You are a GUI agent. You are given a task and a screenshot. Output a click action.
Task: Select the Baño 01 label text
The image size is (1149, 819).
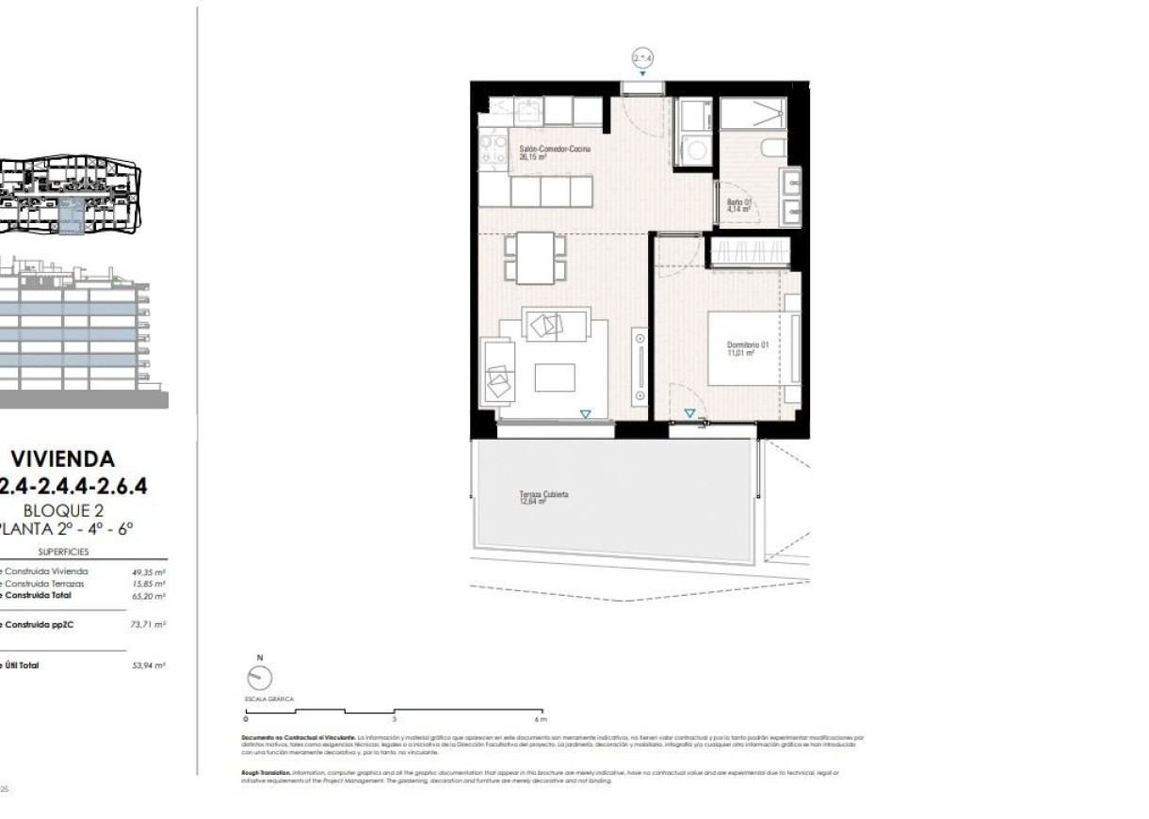click(x=738, y=206)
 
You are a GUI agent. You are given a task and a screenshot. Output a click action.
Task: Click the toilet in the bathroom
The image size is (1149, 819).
click(x=772, y=147)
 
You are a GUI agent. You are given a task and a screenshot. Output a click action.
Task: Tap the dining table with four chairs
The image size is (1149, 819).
click(x=536, y=258)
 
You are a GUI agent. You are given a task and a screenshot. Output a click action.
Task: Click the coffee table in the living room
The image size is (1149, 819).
click(x=554, y=377)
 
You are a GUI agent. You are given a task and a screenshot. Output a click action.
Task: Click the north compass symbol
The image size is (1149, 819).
click(x=260, y=677)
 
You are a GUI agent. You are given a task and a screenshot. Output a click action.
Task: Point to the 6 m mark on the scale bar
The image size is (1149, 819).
click(x=541, y=718)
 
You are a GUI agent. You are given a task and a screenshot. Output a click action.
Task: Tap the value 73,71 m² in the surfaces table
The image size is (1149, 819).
click(x=149, y=624)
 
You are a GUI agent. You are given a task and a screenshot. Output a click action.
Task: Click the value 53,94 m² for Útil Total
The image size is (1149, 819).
click(x=149, y=666)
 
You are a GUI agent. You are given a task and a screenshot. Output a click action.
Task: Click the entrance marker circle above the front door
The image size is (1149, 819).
click(x=641, y=59)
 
